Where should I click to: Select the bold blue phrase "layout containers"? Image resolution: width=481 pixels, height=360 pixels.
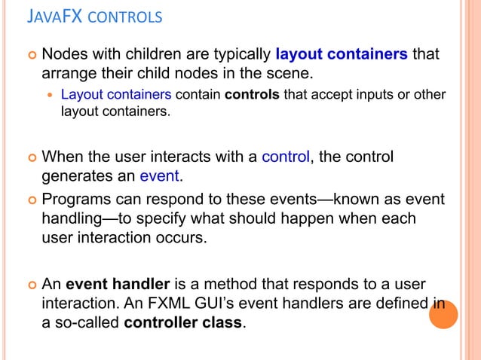(x=342, y=55)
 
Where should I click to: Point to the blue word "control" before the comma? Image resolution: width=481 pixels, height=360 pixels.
(x=285, y=157)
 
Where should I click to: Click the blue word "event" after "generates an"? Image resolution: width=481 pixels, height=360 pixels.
(x=161, y=177)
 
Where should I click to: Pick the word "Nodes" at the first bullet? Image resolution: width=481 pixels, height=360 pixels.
(x=64, y=55)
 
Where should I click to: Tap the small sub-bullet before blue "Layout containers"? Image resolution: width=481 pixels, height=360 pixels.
(x=51, y=96)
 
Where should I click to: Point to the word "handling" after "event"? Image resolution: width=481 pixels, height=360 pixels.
(x=72, y=218)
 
